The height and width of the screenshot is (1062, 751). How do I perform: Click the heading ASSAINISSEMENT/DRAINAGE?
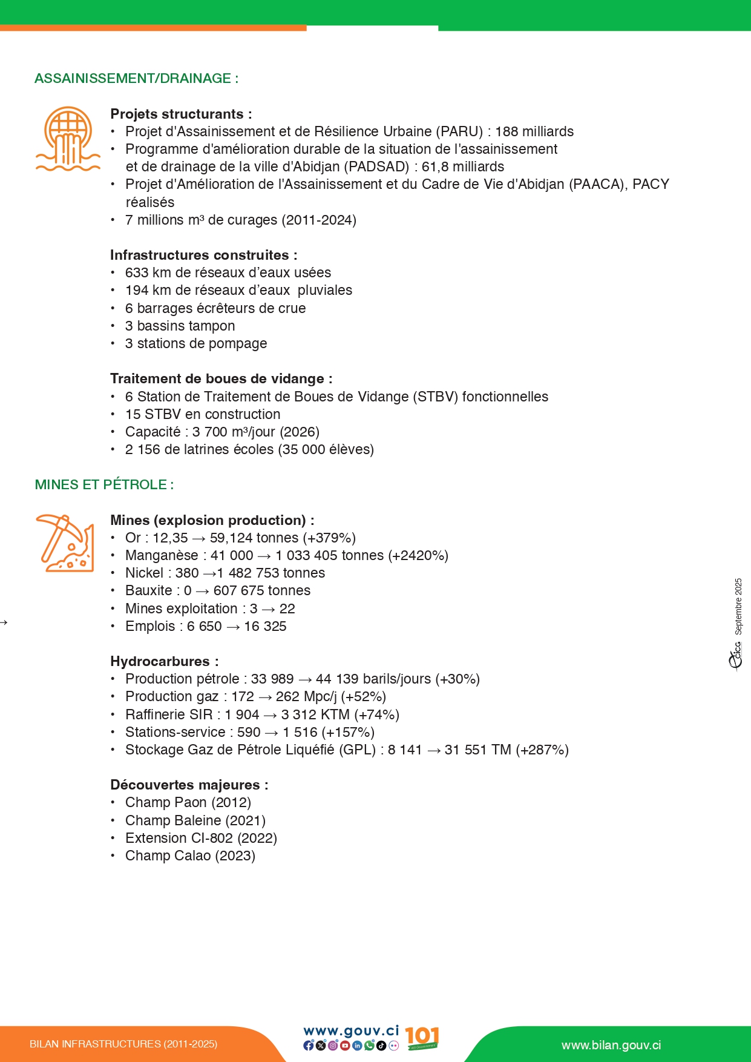tap(136, 79)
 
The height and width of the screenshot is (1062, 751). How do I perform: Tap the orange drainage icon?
tap(68, 139)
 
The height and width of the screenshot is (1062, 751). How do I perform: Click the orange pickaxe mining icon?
tap(65, 543)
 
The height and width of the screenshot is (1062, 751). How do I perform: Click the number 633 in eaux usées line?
tap(137, 273)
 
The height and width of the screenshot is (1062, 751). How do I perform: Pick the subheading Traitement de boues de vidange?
tap(221, 379)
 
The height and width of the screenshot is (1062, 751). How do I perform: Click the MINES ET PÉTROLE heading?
tap(103, 485)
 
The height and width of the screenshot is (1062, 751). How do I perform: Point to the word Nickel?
tap(144, 573)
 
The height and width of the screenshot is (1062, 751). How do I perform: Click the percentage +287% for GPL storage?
tap(542, 750)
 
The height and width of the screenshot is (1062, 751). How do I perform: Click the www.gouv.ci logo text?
tap(351, 1031)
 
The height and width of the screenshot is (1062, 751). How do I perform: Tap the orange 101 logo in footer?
tap(422, 1038)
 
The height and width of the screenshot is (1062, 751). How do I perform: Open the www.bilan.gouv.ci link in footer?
tap(611, 1046)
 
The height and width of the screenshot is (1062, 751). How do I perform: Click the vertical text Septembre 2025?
tap(738, 606)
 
